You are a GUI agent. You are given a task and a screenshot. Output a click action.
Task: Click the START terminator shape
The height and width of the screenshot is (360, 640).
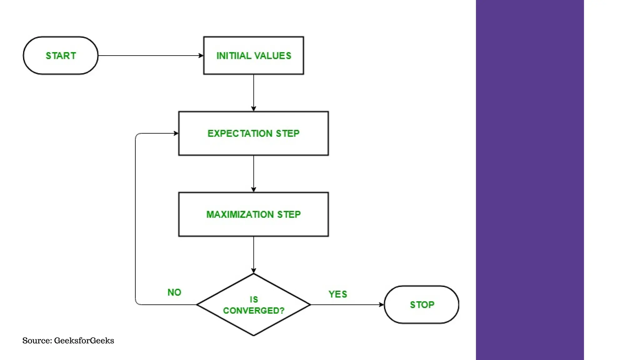61,56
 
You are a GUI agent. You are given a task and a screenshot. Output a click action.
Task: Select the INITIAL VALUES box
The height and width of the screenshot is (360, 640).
253,56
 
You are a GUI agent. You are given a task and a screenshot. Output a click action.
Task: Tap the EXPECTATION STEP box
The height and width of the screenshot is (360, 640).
253,133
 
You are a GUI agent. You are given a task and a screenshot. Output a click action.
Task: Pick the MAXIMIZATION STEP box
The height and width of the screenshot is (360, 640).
253,214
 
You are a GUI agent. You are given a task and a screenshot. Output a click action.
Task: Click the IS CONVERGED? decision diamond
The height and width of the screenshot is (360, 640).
253,305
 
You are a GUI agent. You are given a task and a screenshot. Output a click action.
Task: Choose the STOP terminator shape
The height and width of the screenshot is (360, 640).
422,305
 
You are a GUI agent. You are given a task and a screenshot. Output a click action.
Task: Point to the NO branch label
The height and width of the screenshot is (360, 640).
174,292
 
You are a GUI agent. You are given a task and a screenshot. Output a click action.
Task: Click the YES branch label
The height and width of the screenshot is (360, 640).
338,294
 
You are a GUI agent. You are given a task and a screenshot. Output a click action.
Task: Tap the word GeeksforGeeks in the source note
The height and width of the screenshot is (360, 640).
84,341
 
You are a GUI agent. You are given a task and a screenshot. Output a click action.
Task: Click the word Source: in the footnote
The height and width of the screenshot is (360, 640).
37,341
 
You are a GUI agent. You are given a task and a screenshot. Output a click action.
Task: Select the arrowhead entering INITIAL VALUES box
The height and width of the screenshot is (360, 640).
201,56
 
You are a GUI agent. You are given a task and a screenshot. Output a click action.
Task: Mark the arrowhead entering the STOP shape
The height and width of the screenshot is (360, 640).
381,305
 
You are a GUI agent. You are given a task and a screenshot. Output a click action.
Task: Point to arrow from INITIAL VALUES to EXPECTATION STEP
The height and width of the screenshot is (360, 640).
253,92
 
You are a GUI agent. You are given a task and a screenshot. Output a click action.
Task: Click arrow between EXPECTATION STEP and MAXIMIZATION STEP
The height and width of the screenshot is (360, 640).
253,173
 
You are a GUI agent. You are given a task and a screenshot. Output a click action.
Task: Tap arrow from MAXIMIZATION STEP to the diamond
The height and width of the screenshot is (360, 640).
253,255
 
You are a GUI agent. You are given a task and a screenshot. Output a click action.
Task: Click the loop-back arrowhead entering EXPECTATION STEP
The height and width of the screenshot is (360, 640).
176,133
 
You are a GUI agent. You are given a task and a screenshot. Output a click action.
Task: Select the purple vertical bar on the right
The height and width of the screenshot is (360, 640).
530,180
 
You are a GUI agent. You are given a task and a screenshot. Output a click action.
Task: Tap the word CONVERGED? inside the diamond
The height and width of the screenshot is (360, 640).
253,311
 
